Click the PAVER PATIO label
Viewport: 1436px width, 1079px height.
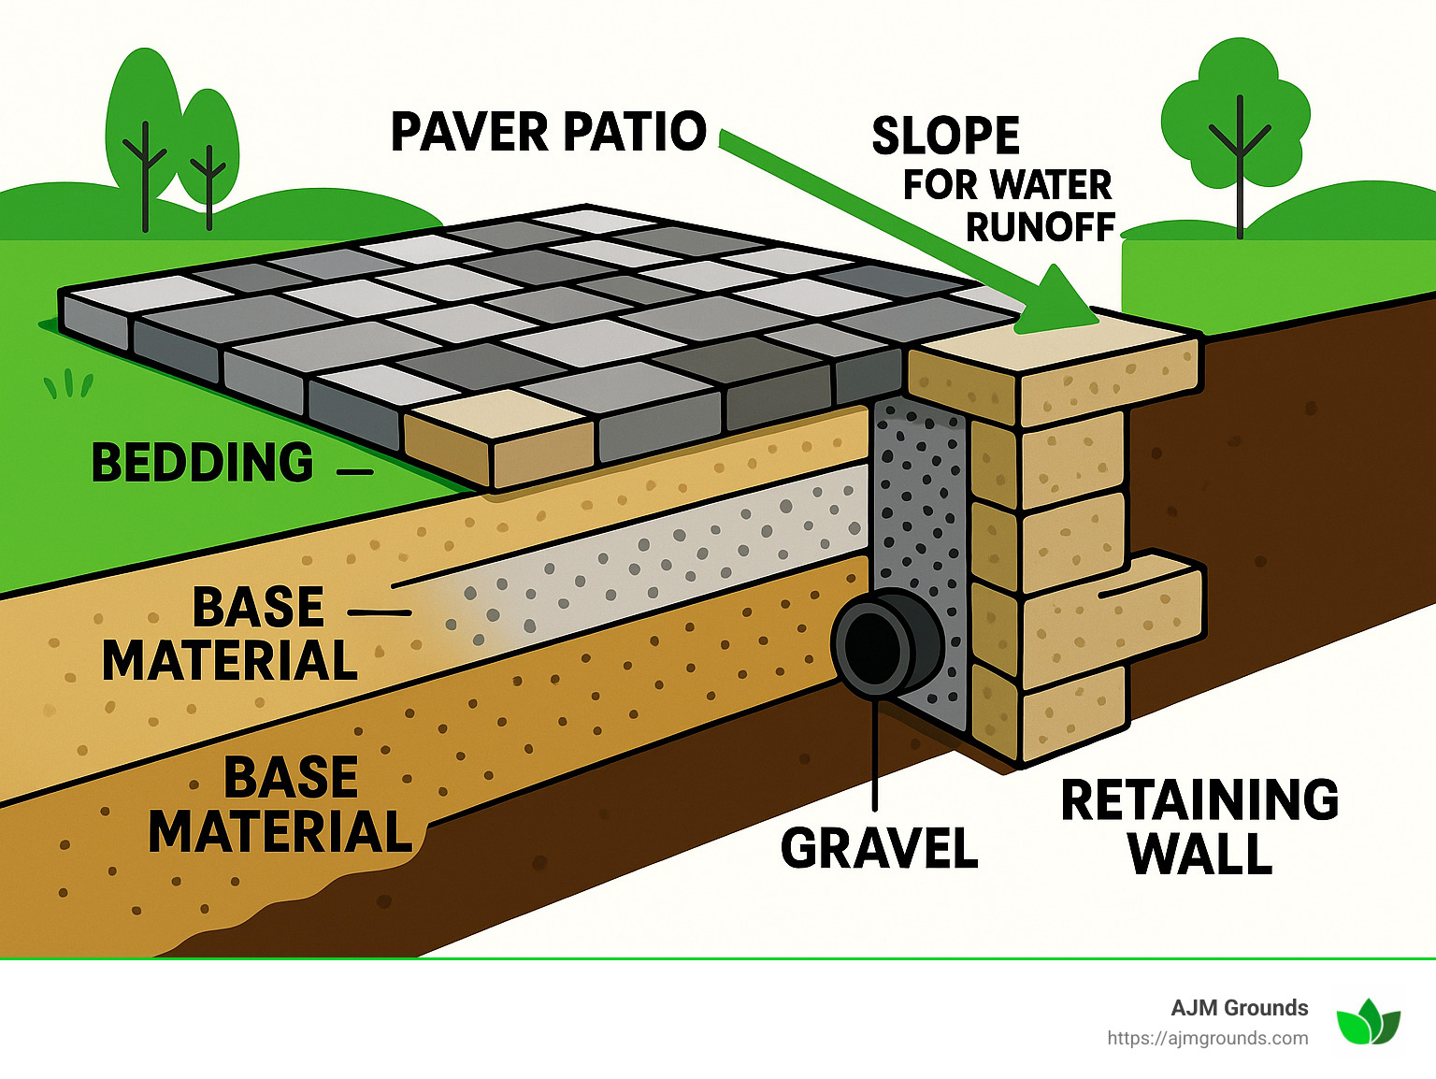pos(548,132)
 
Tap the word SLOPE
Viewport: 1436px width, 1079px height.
pos(945,137)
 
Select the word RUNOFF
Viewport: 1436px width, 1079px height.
pos(1040,227)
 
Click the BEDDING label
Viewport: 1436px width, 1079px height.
pos(203,463)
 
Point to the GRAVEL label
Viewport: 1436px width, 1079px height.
pos(879,848)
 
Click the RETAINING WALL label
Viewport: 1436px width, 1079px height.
pos(1199,826)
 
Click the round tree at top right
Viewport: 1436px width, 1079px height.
pos(1235,117)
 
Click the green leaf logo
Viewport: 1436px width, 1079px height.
pos(1368,1022)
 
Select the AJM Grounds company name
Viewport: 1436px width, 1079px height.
pos(1239,1008)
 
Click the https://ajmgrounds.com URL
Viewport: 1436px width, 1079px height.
pos(1207,1038)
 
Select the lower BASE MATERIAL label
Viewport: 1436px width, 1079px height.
pos(280,804)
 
